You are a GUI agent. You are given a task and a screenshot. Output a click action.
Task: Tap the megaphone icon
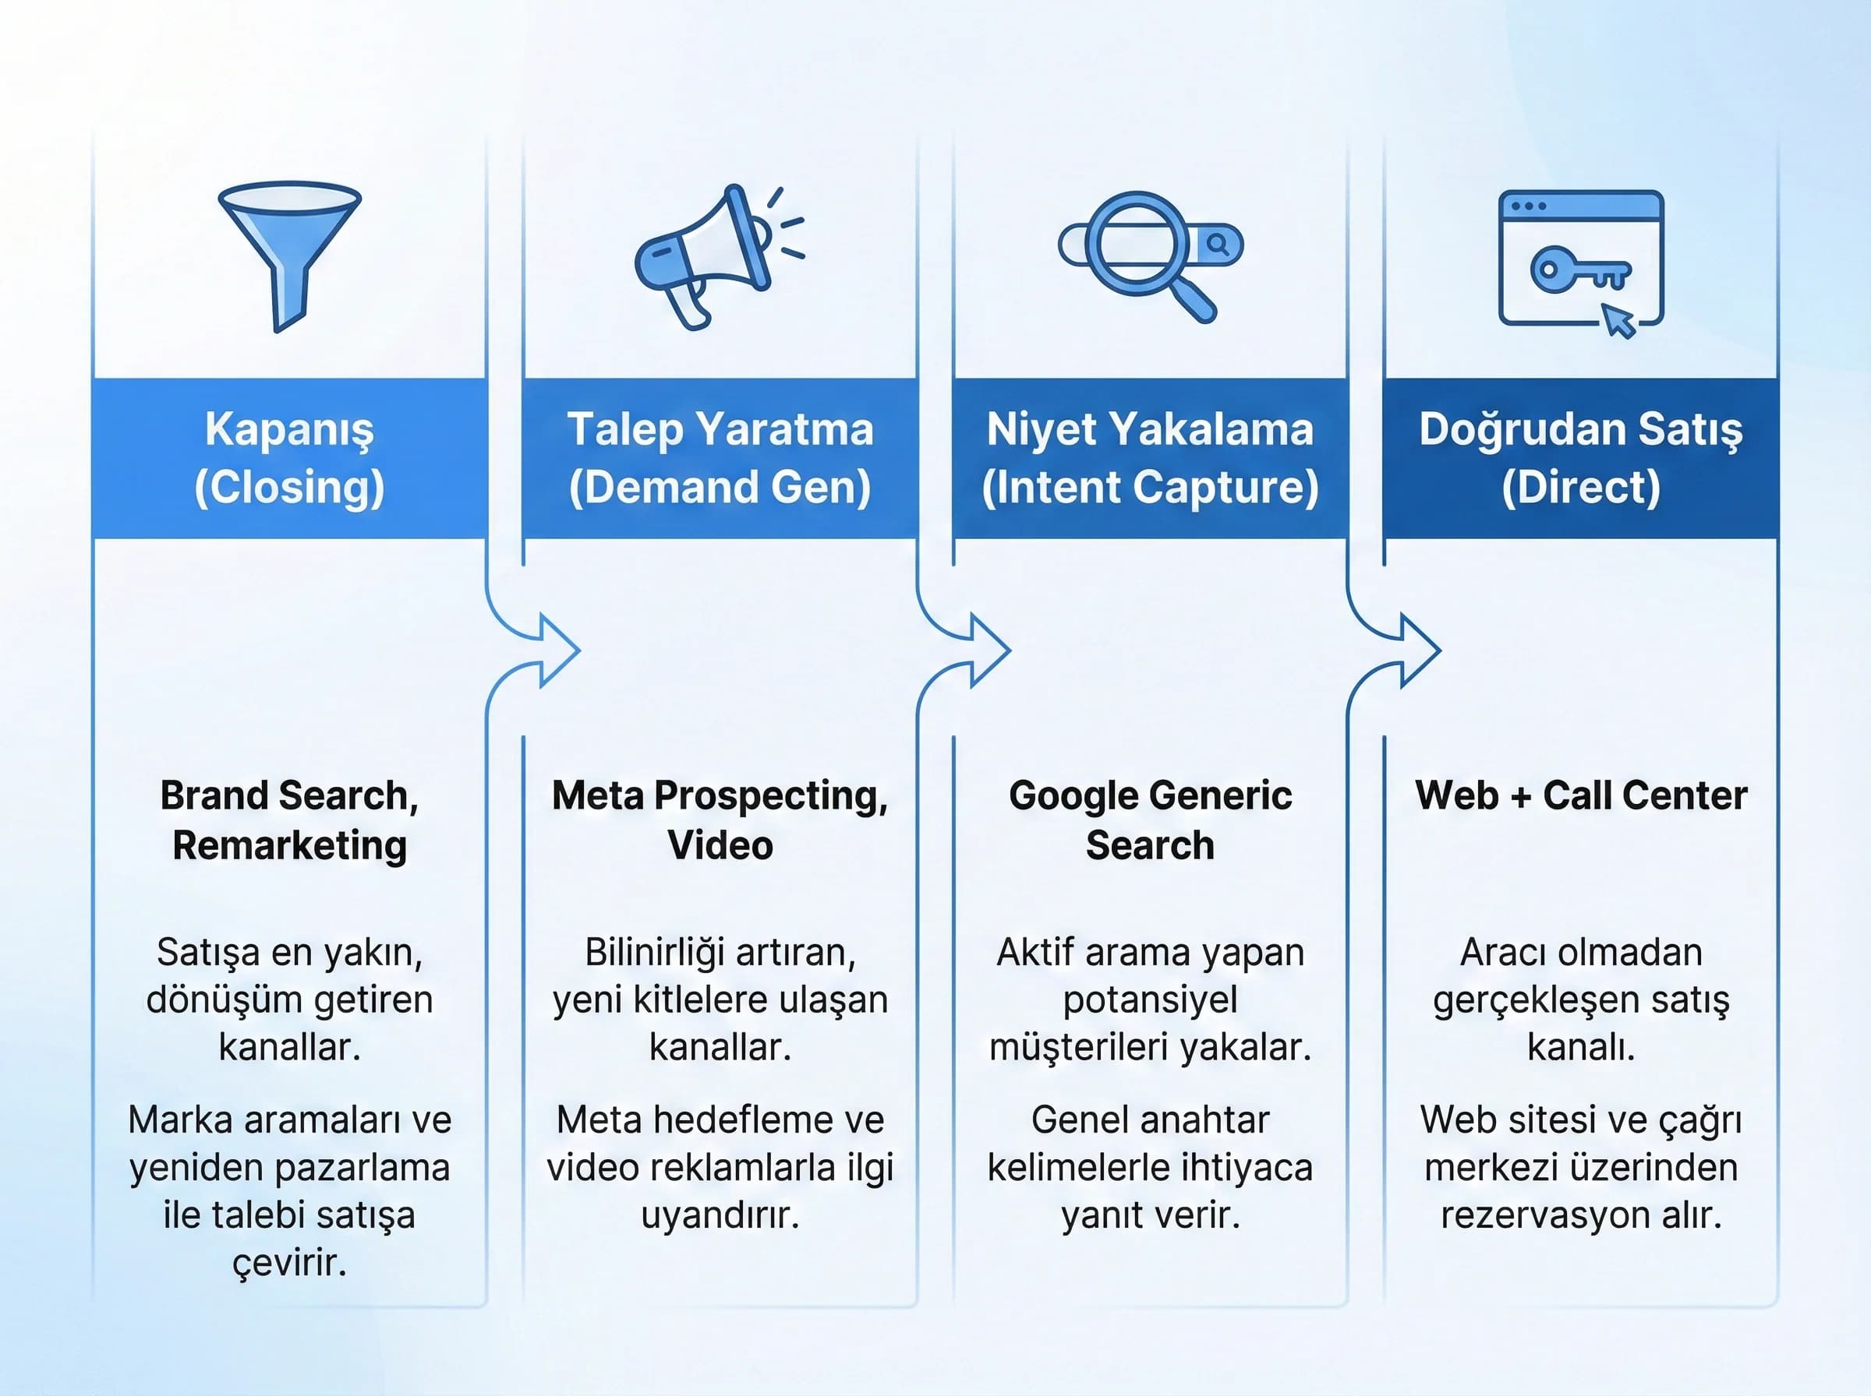pos(710,253)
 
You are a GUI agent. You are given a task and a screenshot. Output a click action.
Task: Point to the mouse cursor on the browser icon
pos(1619,322)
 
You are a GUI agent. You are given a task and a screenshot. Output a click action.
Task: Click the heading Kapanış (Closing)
pos(289,458)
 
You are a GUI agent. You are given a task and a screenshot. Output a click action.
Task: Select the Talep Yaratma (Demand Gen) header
pos(720,458)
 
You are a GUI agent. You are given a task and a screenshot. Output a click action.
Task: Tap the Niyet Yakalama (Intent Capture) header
pos(1150,458)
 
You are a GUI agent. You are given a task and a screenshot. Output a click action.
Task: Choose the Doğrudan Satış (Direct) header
pos(1580,458)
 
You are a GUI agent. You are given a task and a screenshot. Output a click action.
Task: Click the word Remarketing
pos(289,846)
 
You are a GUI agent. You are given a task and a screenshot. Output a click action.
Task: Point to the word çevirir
pos(289,1263)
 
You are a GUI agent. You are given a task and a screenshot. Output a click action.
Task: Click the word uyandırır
pos(720,1215)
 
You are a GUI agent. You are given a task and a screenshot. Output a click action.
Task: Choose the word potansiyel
pos(1150,1000)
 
